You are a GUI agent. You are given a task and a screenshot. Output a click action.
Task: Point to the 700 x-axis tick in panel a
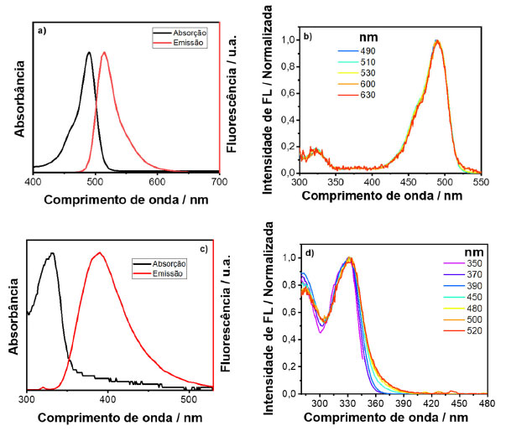[x=218, y=179]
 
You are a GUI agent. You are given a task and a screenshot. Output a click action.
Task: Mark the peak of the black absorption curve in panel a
[x=89, y=53]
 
